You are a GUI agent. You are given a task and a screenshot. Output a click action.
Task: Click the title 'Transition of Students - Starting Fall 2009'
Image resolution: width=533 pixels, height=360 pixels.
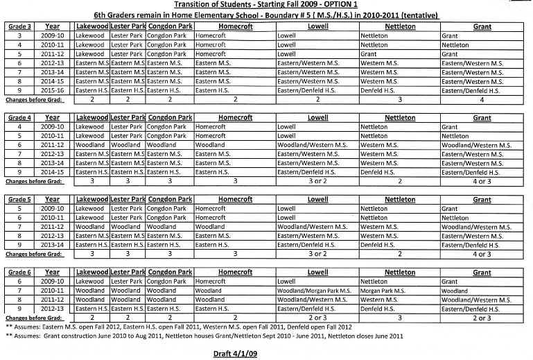[266, 4]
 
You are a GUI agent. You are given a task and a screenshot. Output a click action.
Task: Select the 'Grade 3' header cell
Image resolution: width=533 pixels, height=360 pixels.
[19, 26]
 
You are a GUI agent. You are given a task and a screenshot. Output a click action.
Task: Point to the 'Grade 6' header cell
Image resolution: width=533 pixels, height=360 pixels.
[19, 273]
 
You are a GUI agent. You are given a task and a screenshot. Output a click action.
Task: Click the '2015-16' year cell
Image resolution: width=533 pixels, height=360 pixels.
[53, 90]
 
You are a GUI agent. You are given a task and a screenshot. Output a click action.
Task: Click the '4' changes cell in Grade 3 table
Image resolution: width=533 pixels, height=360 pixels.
[482, 99]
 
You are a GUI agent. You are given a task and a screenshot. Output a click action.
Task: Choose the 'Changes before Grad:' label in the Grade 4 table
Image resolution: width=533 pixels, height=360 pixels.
[34, 180]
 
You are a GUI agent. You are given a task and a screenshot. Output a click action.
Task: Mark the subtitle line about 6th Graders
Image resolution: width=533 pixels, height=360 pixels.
[266, 15]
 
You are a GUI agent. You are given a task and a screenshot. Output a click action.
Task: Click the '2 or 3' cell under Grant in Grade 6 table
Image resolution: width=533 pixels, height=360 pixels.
[482, 318]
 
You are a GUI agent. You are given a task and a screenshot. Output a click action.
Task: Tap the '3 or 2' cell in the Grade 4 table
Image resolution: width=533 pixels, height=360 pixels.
[317, 180]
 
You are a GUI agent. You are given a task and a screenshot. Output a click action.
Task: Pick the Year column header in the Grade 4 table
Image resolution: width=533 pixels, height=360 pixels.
[53, 117]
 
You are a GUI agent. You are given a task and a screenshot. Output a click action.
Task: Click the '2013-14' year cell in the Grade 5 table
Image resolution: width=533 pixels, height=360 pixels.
[53, 244]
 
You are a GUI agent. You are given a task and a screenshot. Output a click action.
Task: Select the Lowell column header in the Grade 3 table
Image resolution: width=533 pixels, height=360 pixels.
[317, 26]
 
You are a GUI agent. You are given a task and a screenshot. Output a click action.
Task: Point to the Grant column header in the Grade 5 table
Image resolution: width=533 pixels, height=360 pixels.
[482, 199]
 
